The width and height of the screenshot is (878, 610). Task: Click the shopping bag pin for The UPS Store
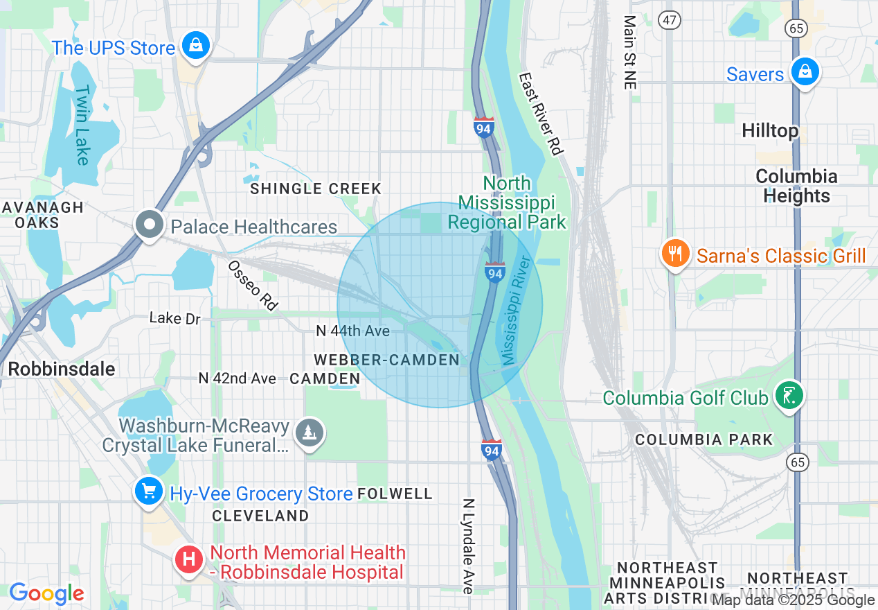coord(196,46)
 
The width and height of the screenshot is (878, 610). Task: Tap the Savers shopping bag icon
coord(805,72)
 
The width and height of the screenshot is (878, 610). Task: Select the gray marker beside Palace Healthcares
coord(149,226)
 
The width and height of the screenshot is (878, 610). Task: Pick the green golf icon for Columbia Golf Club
coord(789,397)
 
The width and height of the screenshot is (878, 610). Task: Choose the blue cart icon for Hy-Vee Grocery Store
coord(150,492)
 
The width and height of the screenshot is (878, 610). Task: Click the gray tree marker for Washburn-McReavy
coord(310,433)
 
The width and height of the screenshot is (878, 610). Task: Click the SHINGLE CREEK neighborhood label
coord(316,189)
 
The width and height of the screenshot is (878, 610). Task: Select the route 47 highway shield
coord(670,20)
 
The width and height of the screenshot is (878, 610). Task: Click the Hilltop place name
coord(769,130)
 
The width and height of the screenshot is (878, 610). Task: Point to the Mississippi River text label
coord(516,311)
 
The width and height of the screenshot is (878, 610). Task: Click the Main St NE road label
coord(629,53)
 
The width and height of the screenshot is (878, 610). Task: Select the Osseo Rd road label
coord(253,285)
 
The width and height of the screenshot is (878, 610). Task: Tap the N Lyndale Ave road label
coord(469,546)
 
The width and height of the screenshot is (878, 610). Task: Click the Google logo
coord(46,593)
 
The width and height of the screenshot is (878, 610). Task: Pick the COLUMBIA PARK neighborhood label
coord(704,439)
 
